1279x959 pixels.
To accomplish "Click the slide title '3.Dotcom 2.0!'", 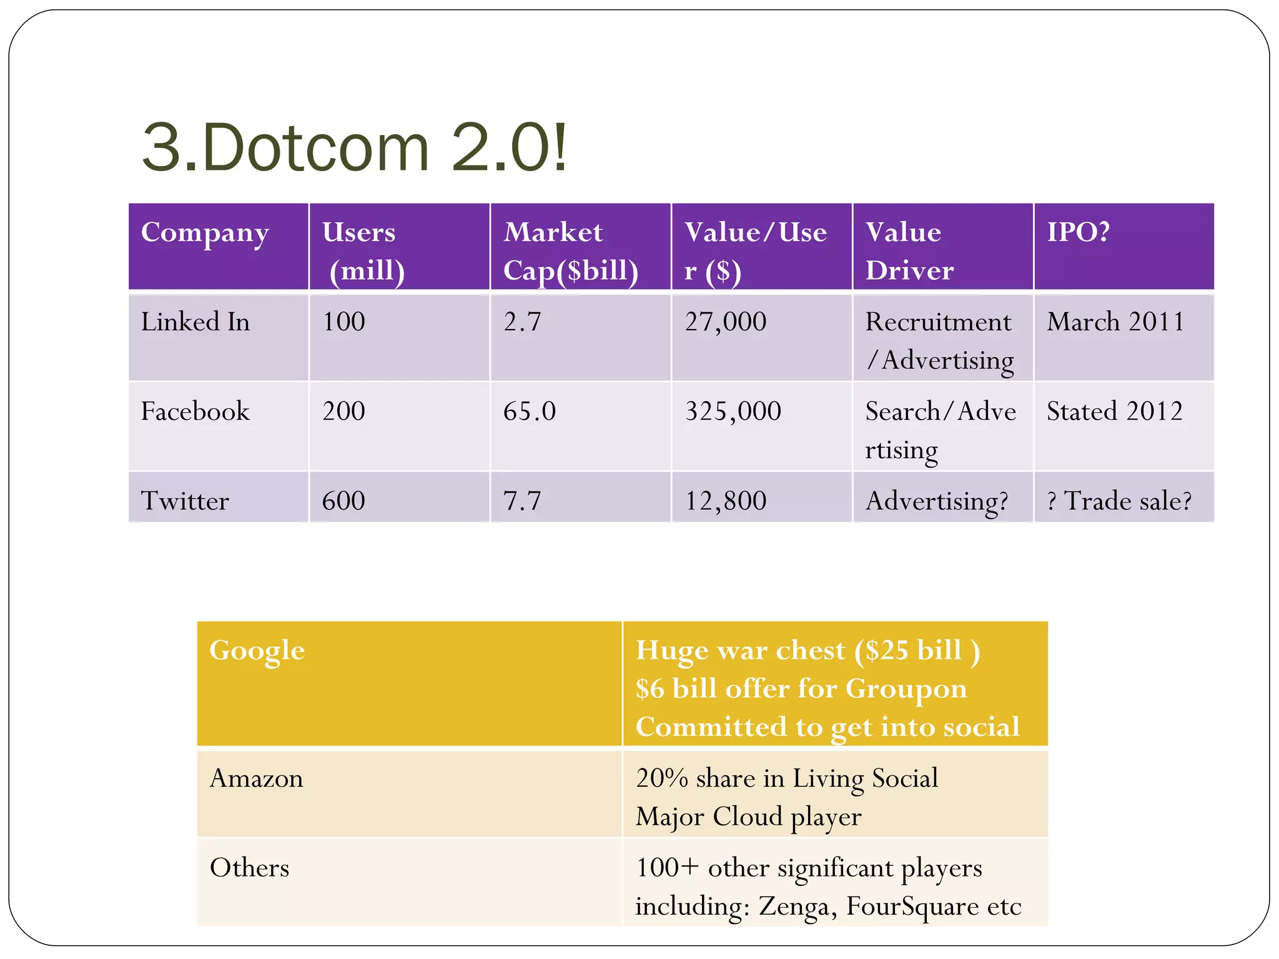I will pyautogui.click(x=355, y=148).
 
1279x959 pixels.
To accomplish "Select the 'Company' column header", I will pyautogui.click(x=205, y=233).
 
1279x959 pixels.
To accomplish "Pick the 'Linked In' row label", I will pyautogui.click(x=195, y=322).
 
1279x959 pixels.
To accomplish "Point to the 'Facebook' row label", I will pyautogui.click(x=195, y=411).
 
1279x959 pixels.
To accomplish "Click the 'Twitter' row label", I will pyautogui.click(x=185, y=501).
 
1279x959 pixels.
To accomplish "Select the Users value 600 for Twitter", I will pyautogui.click(x=343, y=501).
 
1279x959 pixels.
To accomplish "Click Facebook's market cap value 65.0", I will pyautogui.click(x=529, y=411).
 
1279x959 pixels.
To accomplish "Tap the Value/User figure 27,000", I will pyautogui.click(x=725, y=322).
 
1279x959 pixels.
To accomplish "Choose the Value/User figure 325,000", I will pyautogui.click(x=733, y=411).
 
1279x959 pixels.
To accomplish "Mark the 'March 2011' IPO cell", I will pyautogui.click(x=1115, y=322).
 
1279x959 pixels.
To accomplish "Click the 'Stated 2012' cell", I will pyautogui.click(x=1114, y=411).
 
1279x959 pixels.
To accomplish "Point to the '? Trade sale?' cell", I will pyautogui.click(x=1119, y=501).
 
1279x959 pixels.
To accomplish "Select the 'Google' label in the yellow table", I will pyautogui.click(x=257, y=651).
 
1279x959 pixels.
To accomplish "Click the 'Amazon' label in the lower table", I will pyautogui.click(x=256, y=779).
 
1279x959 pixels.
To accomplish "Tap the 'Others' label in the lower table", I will pyautogui.click(x=249, y=868).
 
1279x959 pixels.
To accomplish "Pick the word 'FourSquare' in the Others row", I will pyautogui.click(x=912, y=907).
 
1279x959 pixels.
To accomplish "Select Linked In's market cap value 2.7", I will pyautogui.click(x=522, y=322).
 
